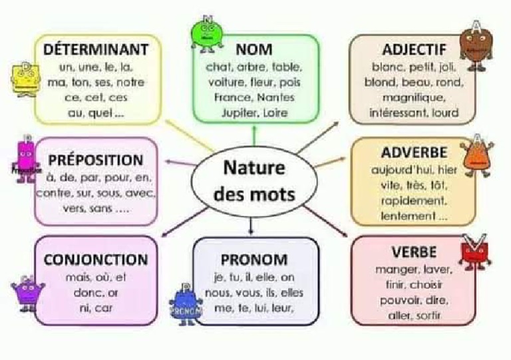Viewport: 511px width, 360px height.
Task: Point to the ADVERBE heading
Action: click(414, 152)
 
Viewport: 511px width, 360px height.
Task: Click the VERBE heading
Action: click(414, 252)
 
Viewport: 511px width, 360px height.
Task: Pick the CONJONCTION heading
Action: click(95, 260)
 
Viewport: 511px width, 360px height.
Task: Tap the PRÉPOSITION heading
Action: click(95, 160)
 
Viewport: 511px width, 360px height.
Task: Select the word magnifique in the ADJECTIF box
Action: click(413, 98)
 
